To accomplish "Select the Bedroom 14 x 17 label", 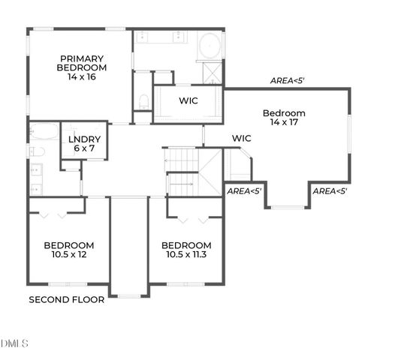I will pos(284,118).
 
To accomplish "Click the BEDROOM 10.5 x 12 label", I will pos(68,250).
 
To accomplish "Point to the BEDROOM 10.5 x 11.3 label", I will pos(186,250).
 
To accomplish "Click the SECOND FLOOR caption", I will pos(66,299).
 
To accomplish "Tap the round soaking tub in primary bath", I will pos(210,46).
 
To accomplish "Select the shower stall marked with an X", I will pos(213,73).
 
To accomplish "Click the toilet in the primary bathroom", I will pos(143,100).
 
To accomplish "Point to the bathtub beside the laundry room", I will pos(43,133).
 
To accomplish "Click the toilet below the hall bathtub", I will pos(37,152).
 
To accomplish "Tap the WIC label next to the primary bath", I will pos(188,100).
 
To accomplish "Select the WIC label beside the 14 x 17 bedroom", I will pos(241,138).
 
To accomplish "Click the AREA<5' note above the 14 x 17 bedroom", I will pos(288,80).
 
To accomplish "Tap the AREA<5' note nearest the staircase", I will pos(244,191).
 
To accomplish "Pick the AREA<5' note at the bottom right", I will pos(329,191).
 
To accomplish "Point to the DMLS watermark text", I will pos(15,344).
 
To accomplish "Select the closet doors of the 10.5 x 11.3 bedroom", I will pos(193,218).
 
